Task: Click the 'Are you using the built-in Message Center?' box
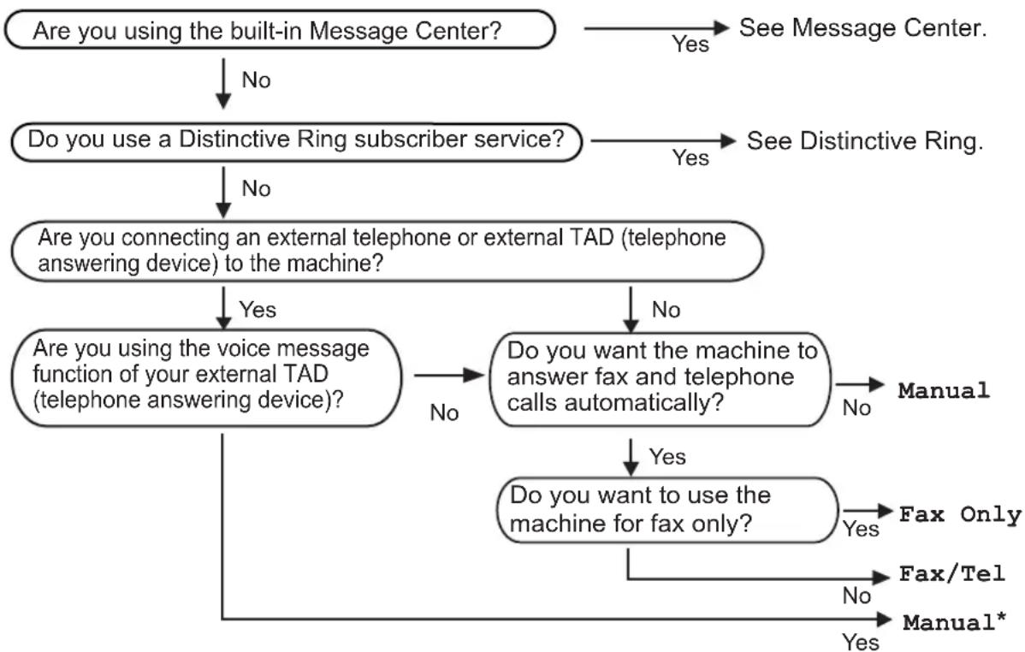tap(280, 29)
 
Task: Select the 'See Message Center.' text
tap(863, 28)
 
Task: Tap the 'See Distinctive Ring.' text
tap(865, 141)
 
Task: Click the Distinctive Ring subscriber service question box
tap(297, 141)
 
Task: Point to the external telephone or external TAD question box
tap(387, 251)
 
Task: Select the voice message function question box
tap(206, 378)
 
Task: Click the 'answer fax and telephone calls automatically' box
tap(661, 379)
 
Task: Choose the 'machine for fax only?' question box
tap(667, 510)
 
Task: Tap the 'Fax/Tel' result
tap(951, 573)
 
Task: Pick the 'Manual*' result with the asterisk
tap(954, 622)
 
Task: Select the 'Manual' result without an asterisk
tap(944, 390)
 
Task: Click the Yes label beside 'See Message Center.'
tap(690, 44)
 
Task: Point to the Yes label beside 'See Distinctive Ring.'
tap(690, 157)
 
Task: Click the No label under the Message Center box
tap(256, 80)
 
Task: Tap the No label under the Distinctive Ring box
tap(256, 188)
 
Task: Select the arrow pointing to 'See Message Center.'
tap(656, 28)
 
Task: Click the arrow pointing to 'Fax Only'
tap(868, 511)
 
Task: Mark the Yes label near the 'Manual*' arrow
tap(860, 642)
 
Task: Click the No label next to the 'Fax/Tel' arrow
tap(856, 596)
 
